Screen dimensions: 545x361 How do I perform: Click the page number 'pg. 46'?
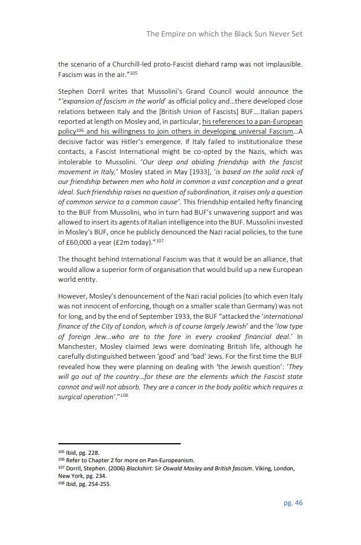(293, 503)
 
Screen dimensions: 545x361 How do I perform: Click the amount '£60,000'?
(81, 242)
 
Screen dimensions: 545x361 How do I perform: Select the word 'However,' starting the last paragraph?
(75, 297)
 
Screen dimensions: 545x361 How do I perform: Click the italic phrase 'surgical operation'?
(87, 396)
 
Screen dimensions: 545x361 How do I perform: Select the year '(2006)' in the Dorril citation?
(113, 469)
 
